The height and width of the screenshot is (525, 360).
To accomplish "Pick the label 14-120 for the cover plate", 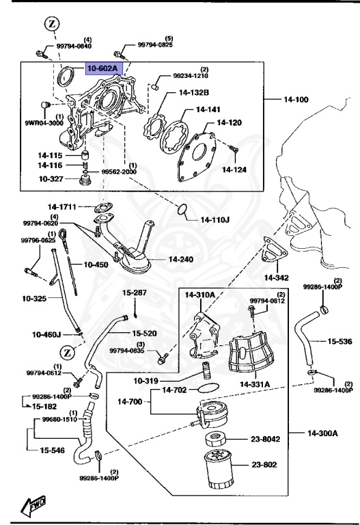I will point(230,123).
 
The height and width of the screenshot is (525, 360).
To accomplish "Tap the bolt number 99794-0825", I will point(155,44).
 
